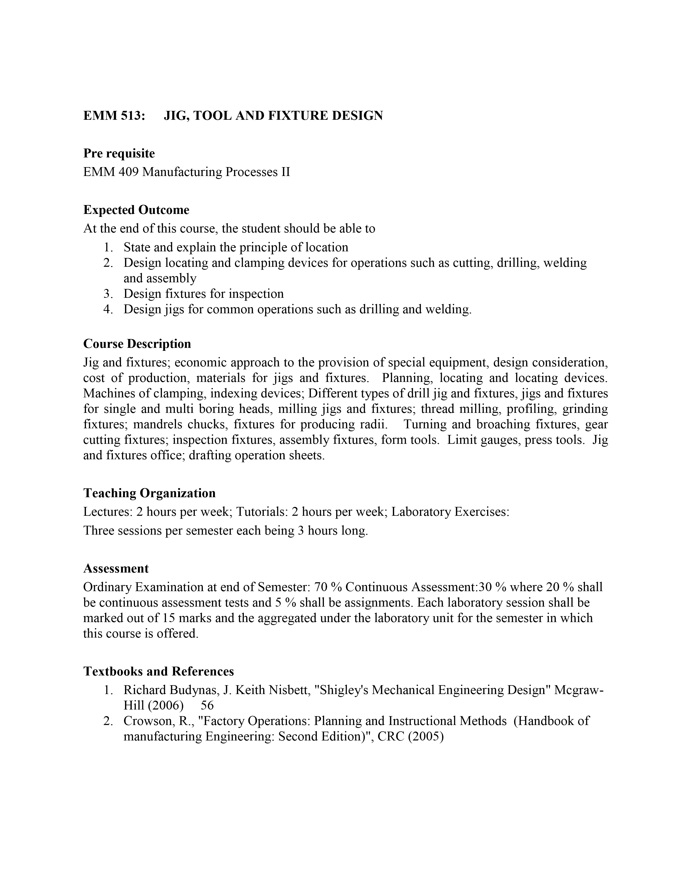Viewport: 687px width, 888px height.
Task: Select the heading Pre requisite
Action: tap(119, 153)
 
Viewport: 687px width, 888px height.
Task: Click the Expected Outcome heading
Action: tap(136, 210)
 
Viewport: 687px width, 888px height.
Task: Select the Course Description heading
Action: tap(137, 344)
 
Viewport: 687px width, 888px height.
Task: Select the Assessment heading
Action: tap(116, 568)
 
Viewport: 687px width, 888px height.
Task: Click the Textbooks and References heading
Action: tap(159, 671)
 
